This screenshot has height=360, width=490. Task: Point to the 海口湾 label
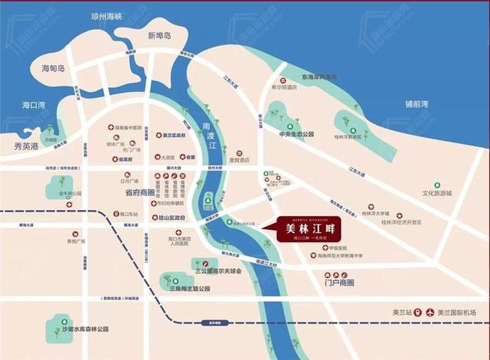[x=34, y=105]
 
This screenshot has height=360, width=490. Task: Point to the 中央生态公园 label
[x=297, y=134]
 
